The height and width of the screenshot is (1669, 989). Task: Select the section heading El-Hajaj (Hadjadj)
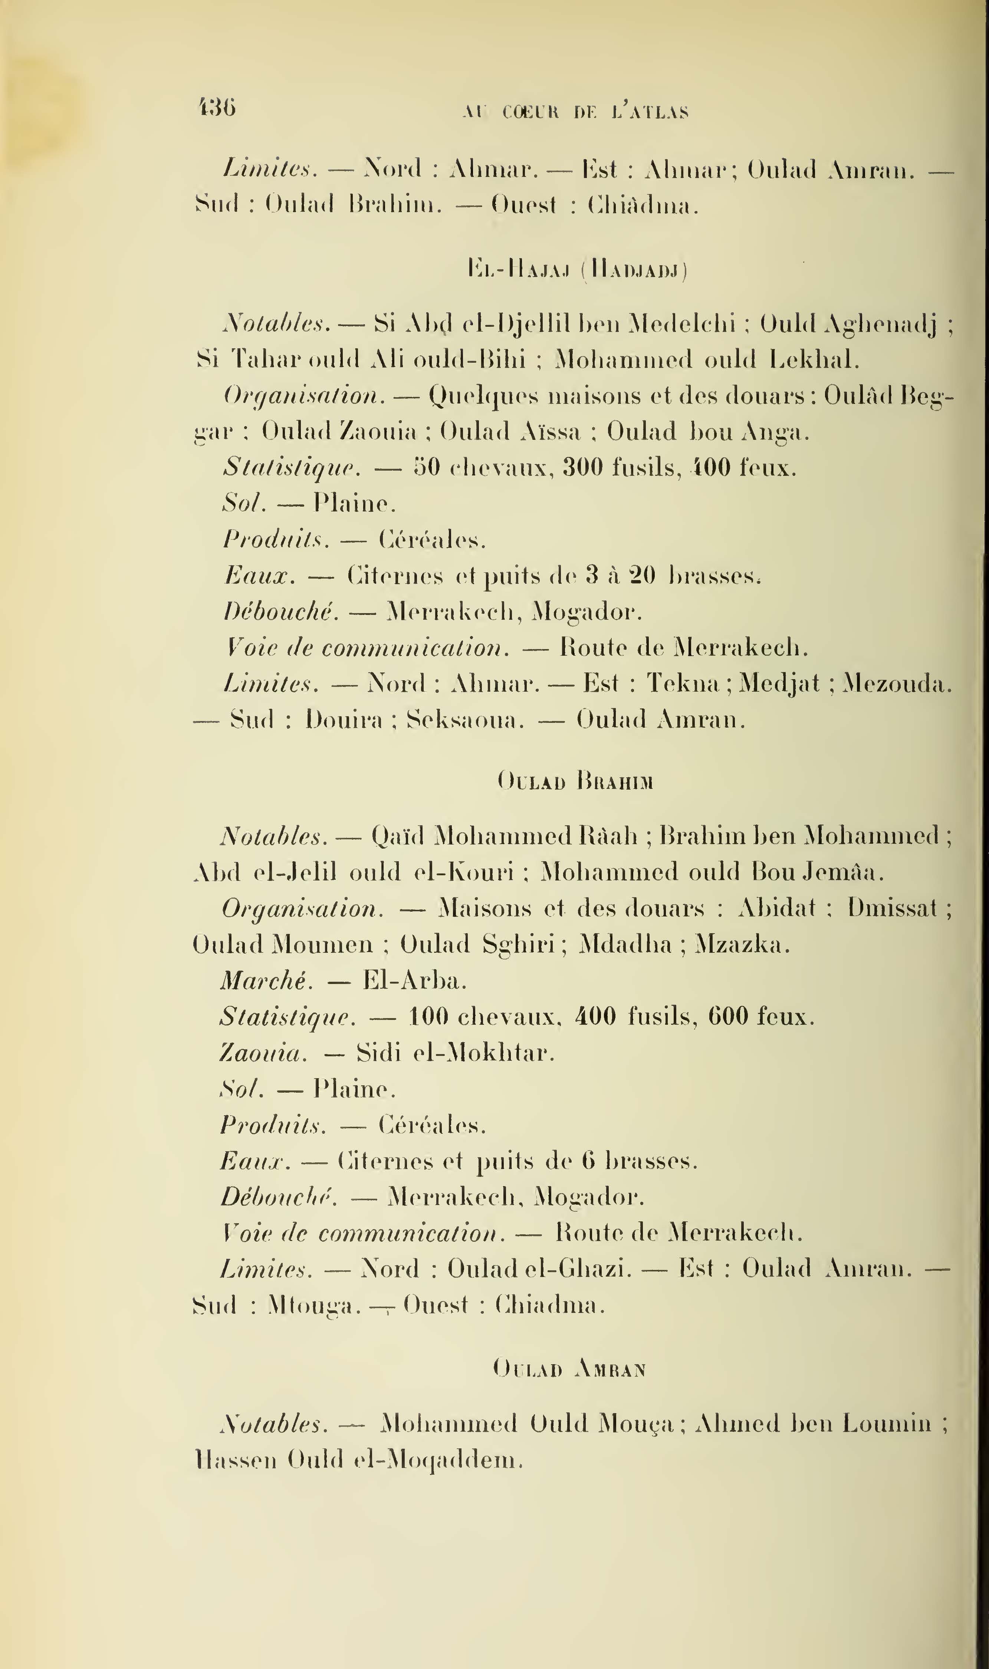click(578, 270)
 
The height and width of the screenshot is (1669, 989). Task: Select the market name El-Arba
click(414, 981)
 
